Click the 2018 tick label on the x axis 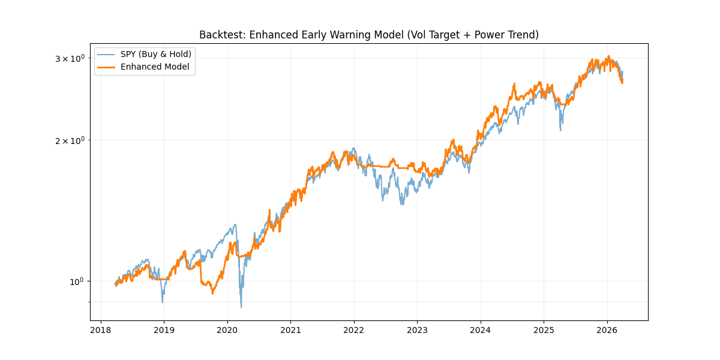[x=100, y=330]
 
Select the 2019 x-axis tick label [x=164, y=330]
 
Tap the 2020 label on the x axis [x=227, y=330]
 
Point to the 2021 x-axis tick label [x=290, y=330]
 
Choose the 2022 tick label [x=353, y=330]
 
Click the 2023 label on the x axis [x=417, y=330]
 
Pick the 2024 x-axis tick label [x=480, y=330]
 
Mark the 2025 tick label [x=544, y=330]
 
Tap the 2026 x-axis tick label [x=607, y=330]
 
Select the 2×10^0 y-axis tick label [x=70, y=140]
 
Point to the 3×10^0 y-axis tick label [x=70, y=58]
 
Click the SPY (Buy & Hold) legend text [x=156, y=54]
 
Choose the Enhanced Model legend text [x=155, y=67]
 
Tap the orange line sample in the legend [x=107, y=67]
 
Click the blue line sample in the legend [x=107, y=54]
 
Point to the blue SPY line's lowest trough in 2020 [x=241, y=307]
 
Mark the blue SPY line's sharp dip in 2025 [x=560, y=130]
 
